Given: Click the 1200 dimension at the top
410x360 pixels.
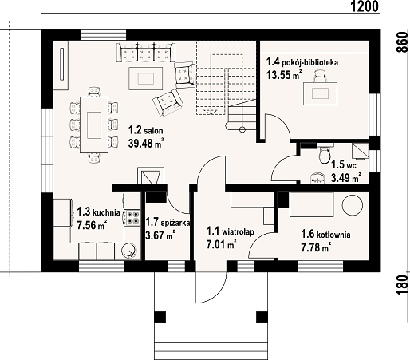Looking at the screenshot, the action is pyautogui.click(x=365, y=6).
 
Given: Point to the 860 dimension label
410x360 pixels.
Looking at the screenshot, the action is pyautogui.click(x=402, y=42).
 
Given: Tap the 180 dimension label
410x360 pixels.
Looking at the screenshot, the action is pyautogui.click(x=402, y=285).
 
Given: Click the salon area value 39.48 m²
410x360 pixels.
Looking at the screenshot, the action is pyautogui.click(x=146, y=144).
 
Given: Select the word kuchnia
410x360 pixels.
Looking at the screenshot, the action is pyautogui.click(x=106, y=212).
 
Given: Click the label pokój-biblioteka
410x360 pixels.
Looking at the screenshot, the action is pyautogui.click(x=310, y=63).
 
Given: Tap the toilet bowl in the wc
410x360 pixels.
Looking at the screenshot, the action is pyautogui.click(x=325, y=155).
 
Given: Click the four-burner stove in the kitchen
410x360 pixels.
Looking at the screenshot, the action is pyautogui.click(x=132, y=217).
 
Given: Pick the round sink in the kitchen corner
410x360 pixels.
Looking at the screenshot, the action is pyautogui.click(x=129, y=251).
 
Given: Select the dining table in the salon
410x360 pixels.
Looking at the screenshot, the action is pyautogui.click(x=94, y=125).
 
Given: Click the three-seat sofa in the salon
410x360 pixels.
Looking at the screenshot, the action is pyautogui.click(x=146, y=52).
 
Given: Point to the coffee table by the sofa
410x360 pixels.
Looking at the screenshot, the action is pyautogui.click(x=146, y=78).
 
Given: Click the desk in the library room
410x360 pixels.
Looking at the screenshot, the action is pyautogui.click(x=321, y=93).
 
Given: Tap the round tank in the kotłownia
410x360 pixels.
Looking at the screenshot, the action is pyautogui.click(x=353, y=205).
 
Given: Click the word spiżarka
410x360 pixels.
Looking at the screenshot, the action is pyautogui.click(x=175, y=223).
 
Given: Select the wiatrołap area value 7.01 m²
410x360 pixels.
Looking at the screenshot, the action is pyautogui.click(x=221, y=244).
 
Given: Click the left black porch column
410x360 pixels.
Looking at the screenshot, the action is pyautogui.click(x=160, y=317).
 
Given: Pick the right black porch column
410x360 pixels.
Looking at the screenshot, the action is pyautogui.click(x=262, y=317).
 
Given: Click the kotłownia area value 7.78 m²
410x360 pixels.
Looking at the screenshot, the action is pyautogui.click(x=317, y=247).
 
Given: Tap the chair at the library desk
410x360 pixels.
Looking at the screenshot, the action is pyautogui.click(x=320, y=76).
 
